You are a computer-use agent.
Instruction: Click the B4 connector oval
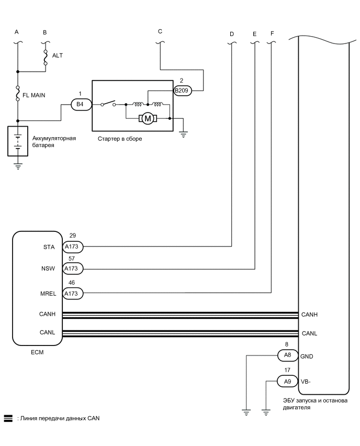click(x=80, y=105)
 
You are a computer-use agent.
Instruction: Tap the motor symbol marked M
click(x=148, y=119)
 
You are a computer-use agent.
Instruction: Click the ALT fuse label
click(x=58, y=55)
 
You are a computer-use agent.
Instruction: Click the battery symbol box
click(x=18, y=141)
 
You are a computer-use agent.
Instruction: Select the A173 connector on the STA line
click(x=71, y=246)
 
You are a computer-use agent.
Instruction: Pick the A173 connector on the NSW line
click(x=71, y=270)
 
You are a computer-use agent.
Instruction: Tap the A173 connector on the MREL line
click(x=71, y=294)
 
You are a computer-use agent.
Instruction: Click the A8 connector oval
click(x=286, y=356)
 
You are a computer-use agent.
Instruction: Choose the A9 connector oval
click(x=287, y=382)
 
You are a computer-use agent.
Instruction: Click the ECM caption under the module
click(x=37, y=352)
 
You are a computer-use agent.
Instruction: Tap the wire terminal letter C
click(x=160, y=31)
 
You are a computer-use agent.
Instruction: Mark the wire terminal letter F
click(x=272, y=34)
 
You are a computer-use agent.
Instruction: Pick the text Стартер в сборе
click(x=120, y=139)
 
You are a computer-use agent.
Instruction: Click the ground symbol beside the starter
click(x=183, y=134)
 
